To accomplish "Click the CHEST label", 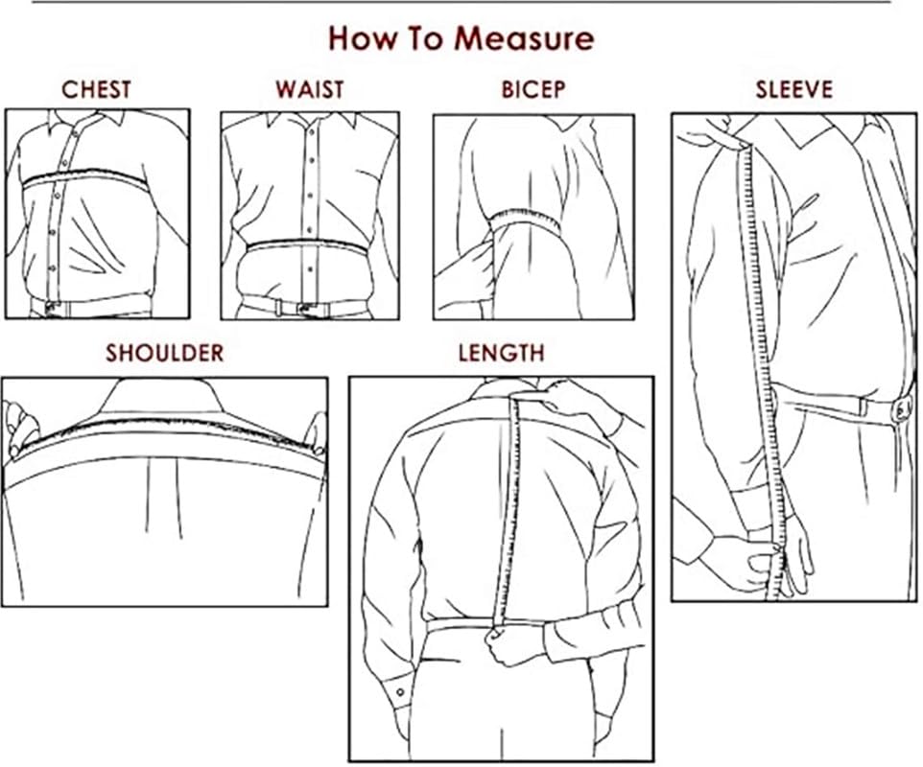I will click(x=96, y=90).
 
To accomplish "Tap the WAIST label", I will click(x=309, y=90).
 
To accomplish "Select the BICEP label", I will click(x=533, y=90).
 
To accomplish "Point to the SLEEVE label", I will click(x=793, y=90).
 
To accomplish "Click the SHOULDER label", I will click(x=164, y=353).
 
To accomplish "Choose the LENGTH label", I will click(x=501, y=353).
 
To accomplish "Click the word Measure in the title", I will click(x=524, y=38).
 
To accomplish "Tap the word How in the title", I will click(x=364, y=38).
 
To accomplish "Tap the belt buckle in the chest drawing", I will click(x=44, y=309).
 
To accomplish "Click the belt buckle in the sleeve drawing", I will click(x=901, y=410).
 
